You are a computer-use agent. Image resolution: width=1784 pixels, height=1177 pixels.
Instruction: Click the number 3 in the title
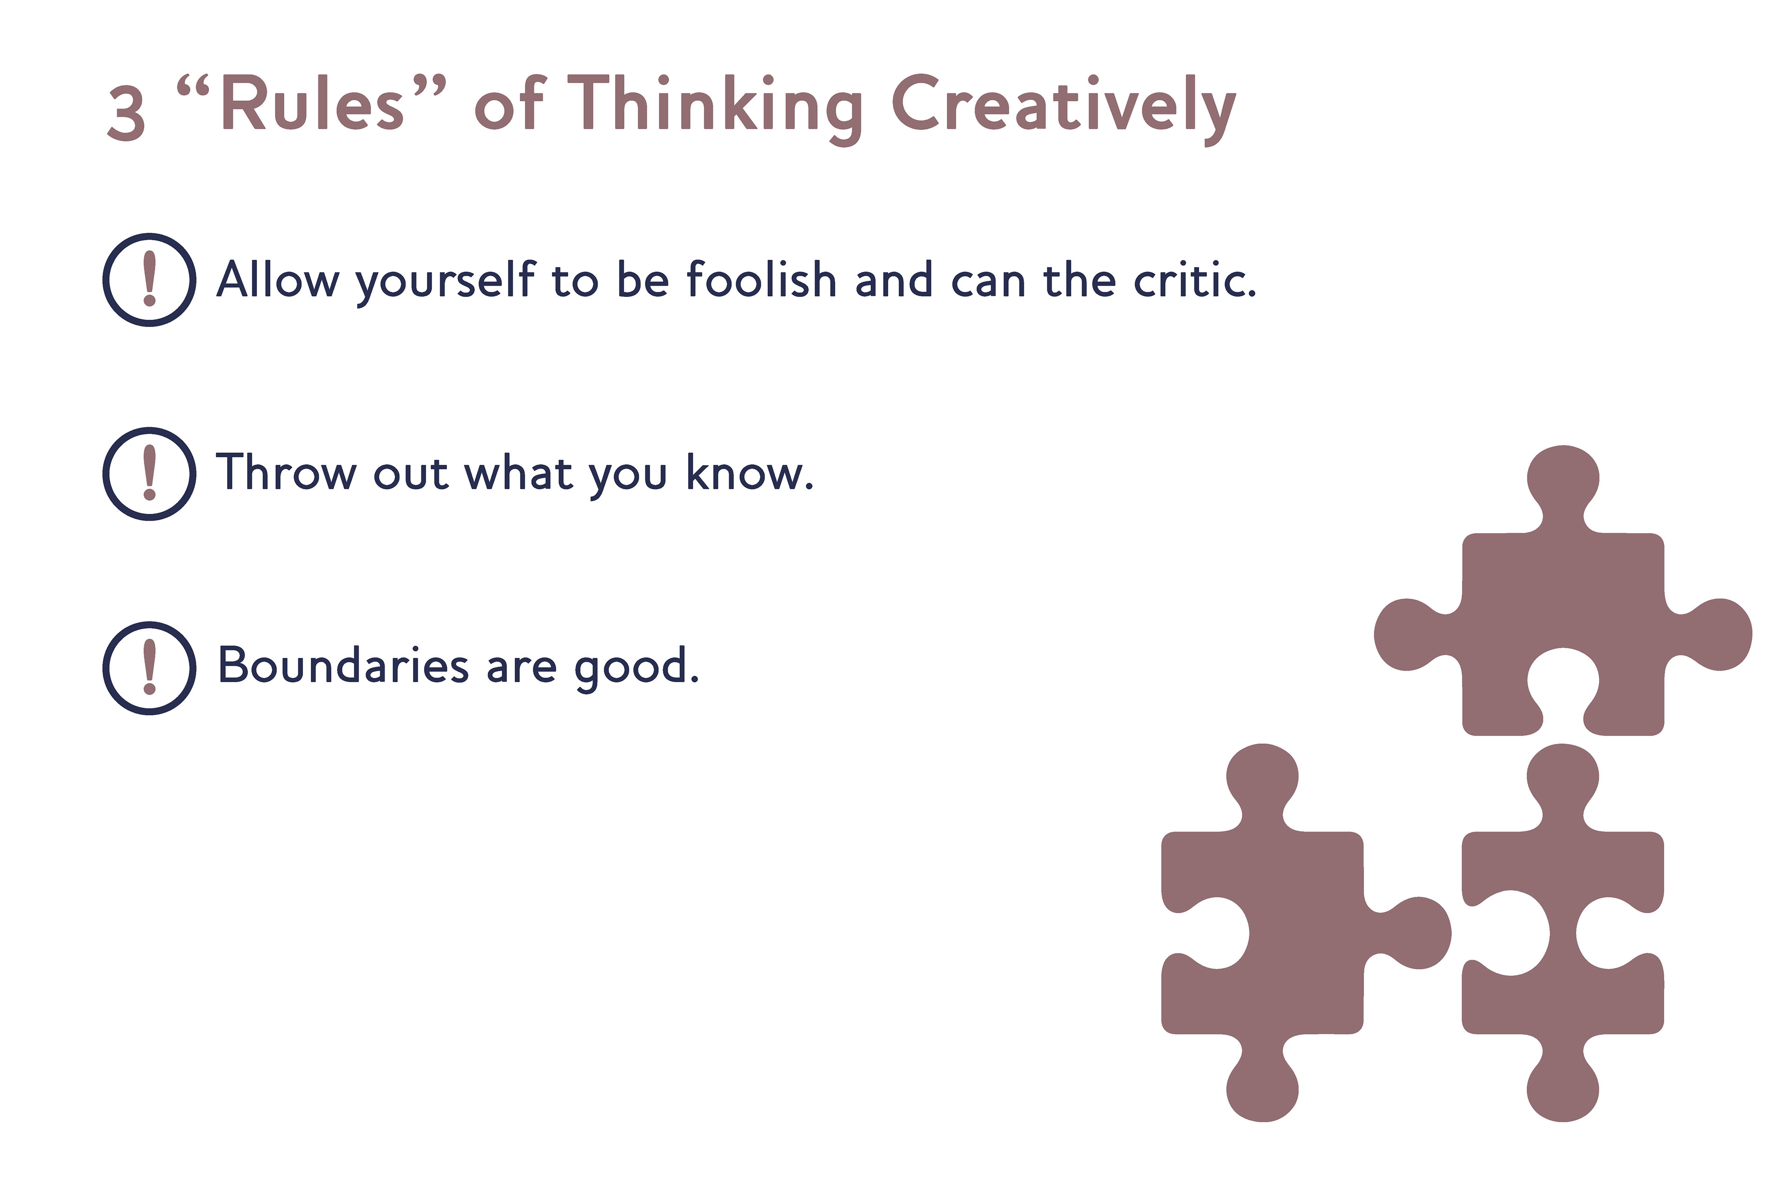click(126, 112)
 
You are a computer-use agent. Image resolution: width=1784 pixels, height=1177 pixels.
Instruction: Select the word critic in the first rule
click(1194, 279)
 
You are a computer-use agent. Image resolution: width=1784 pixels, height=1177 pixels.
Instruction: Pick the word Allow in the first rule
click(278, 279)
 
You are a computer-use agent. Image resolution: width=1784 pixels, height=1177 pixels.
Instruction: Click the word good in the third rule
click(636, 668)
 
